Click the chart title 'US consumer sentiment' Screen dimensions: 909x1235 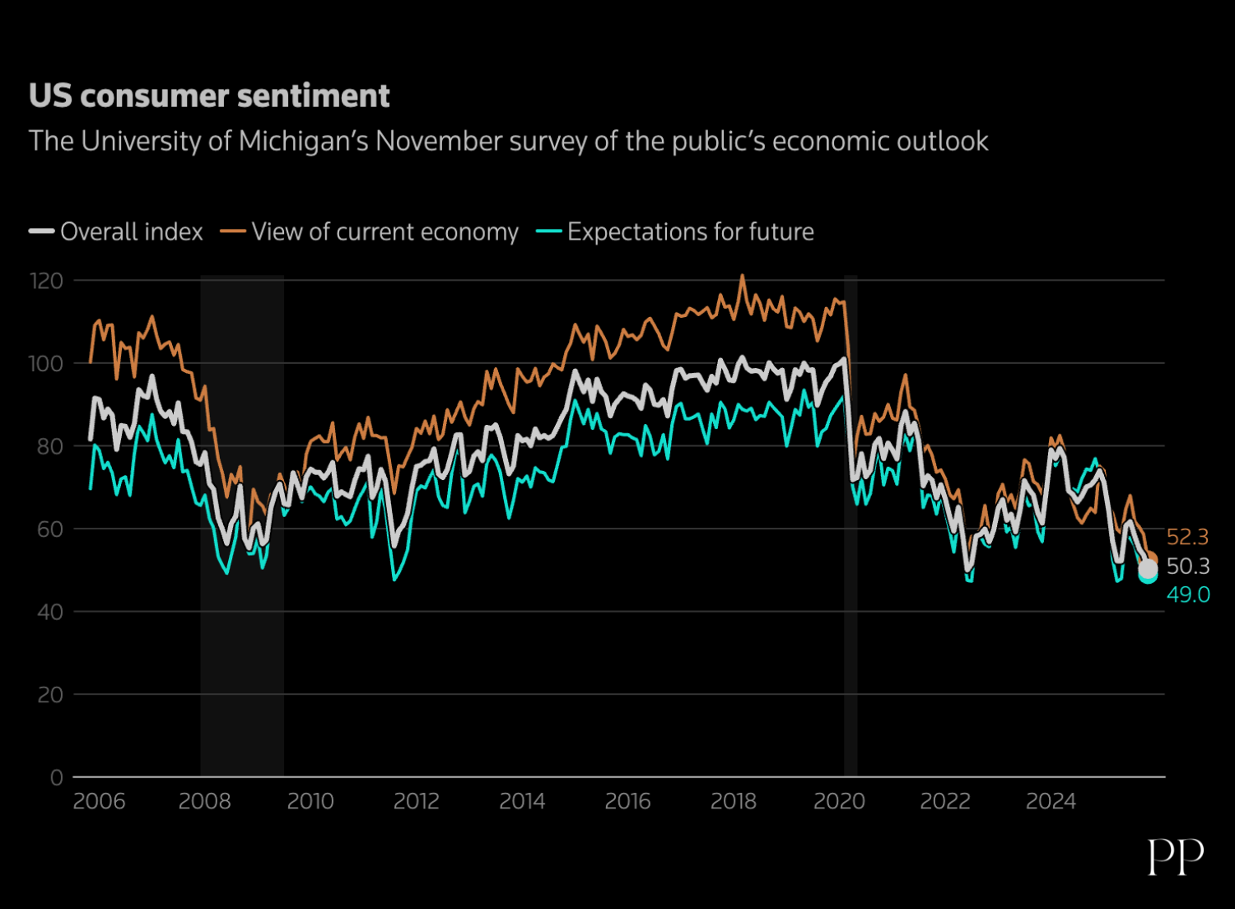(209, 96)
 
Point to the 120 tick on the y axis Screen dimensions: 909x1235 (46, 282)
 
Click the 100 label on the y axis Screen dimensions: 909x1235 (46, 364)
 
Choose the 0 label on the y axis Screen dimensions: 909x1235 (56, 777)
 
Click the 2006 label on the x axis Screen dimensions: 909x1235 (99, 801)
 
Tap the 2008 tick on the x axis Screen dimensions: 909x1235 (205, 801)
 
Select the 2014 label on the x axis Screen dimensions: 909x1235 (522, 801)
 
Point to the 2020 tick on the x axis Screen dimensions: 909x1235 (839, 801)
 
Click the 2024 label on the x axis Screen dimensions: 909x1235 (1051, 801)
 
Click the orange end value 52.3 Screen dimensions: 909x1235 (1187, 537)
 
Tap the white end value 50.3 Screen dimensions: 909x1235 (1188, 566)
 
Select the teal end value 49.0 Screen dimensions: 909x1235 (1188, 594)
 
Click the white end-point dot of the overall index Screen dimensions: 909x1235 (1148, 568)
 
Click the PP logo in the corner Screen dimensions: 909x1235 (1176, 857)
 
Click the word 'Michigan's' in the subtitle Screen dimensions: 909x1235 (304, 142)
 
